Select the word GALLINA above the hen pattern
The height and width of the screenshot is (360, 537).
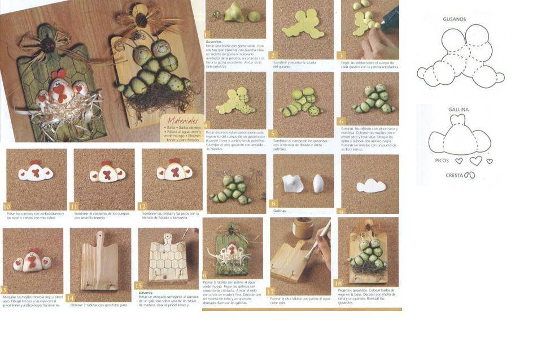tap(459, 110)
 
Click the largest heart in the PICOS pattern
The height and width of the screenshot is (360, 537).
tap(476, 161)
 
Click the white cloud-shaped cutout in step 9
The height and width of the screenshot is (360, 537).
tap(370, 185)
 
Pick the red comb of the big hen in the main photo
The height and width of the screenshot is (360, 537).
tap(58, 74)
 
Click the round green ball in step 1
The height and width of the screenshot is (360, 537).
tap(254, 16)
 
